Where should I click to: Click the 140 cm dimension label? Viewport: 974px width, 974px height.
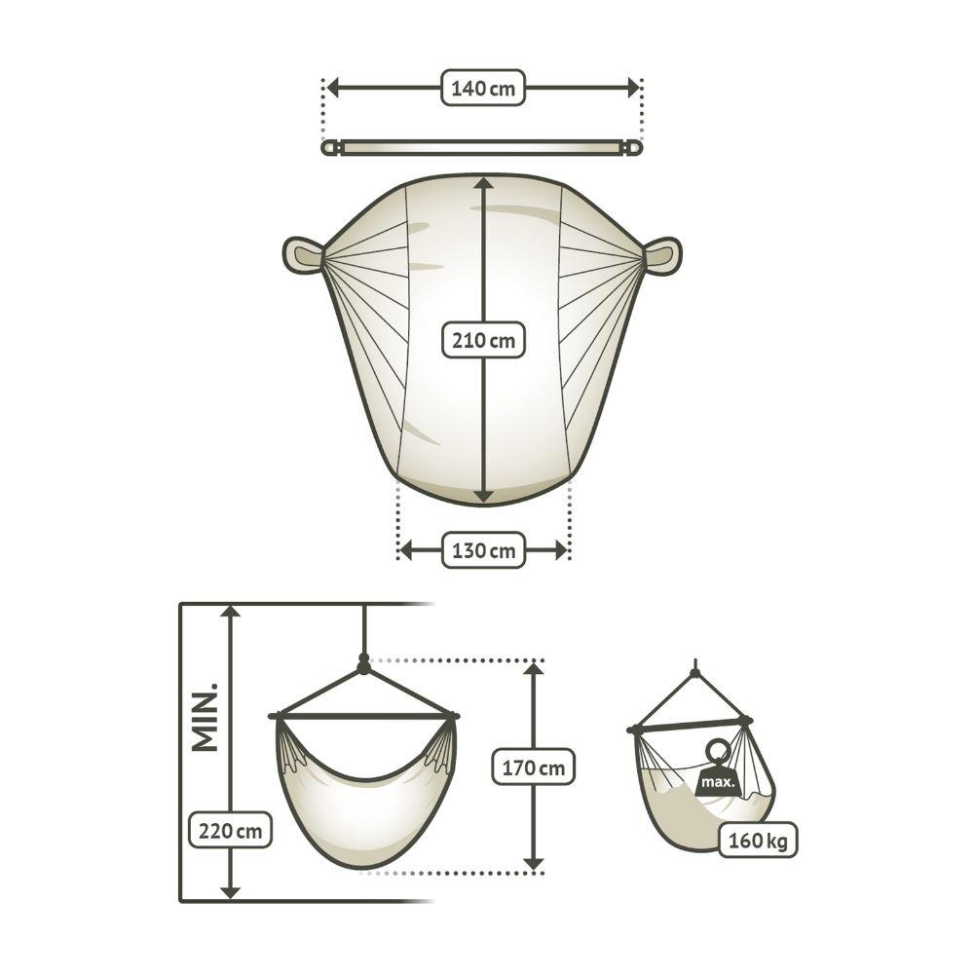pos(483,88)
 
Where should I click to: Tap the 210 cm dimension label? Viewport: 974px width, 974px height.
pos(483,340)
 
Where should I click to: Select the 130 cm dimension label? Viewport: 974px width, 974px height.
pos(483,550)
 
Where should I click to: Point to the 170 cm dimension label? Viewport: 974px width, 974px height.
pos(534,768)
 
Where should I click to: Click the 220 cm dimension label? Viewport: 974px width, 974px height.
pos(230,830)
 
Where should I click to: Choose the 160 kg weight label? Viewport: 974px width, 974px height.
pos(758,841)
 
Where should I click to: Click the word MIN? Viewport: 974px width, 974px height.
pos(206,718)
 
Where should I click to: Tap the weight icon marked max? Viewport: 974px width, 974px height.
pos(718,769)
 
